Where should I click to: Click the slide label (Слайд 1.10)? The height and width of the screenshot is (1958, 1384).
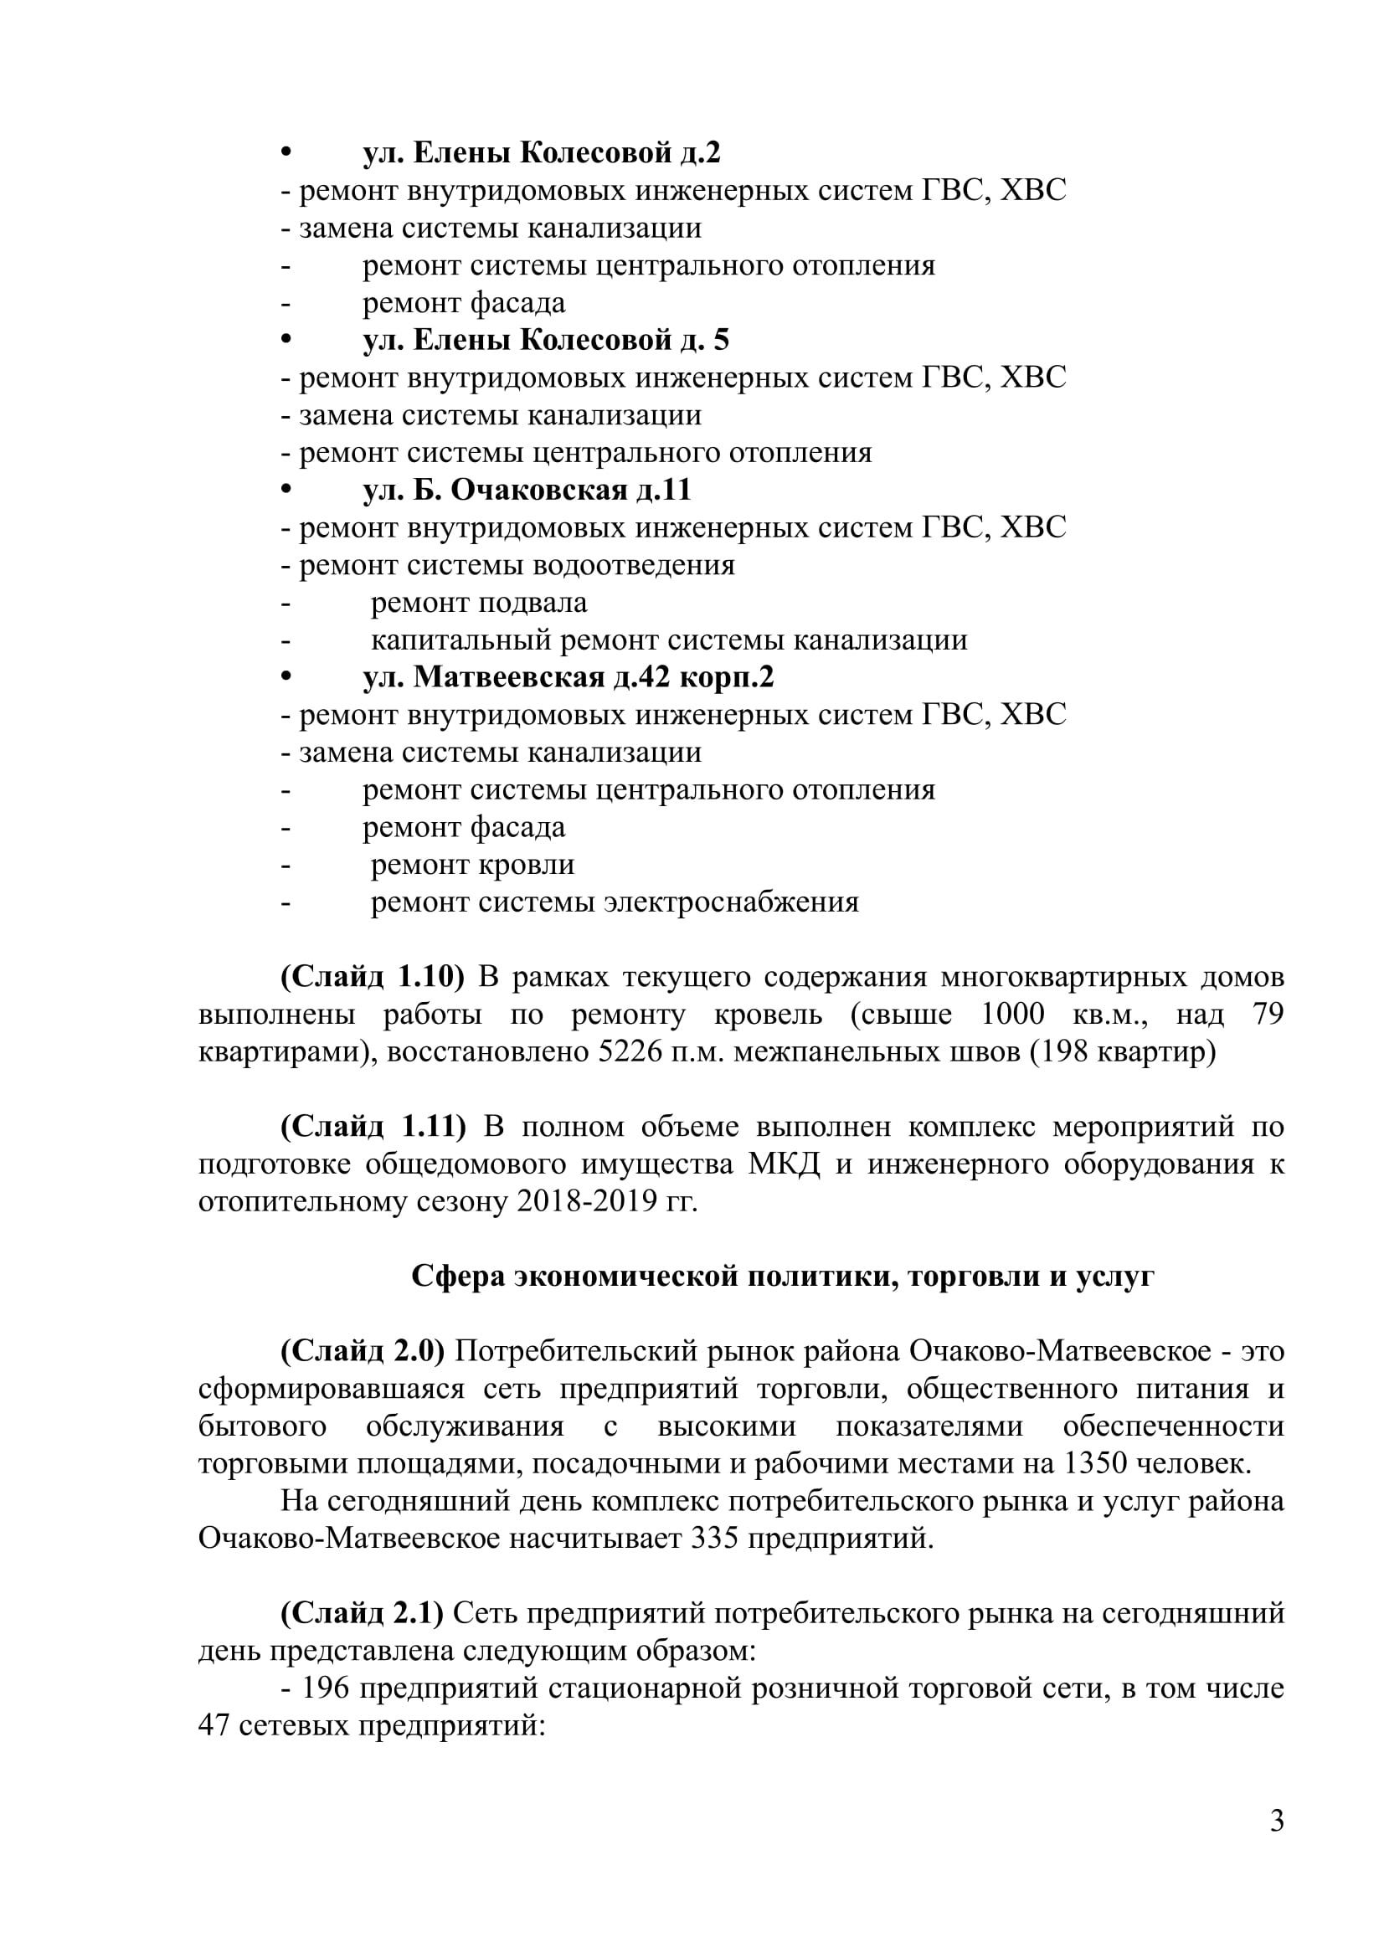(x=372, y=976)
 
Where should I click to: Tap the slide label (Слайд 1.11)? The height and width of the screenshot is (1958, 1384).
(x=373, y=1127)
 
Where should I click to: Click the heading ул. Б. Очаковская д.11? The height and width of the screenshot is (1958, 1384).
(x=527, y=490)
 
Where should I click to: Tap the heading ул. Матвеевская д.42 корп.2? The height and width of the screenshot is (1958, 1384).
(x=568, y=677)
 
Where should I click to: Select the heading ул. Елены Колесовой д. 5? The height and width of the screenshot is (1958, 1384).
(x=546, y=340)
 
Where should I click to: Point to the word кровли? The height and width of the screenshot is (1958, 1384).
(x=526, y=865)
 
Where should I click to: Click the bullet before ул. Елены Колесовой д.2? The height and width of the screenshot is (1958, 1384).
(x=286, y=153)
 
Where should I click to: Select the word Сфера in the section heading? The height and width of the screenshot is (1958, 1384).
(x=456, y=1276)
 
